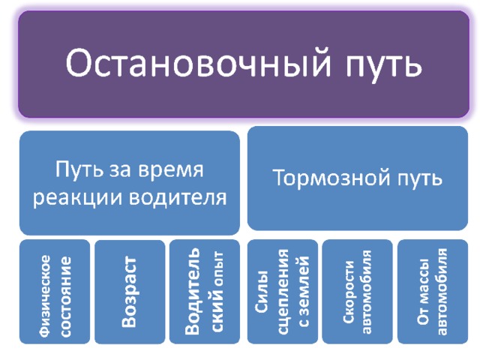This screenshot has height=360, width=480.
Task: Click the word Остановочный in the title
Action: (198, 64)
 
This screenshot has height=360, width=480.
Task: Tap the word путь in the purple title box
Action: (384, 65)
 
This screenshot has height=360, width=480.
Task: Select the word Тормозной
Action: (331, 177)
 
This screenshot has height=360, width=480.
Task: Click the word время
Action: (170, 170)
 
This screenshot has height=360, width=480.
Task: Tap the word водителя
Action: (178, 198)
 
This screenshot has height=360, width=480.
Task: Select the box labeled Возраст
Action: (130, 292)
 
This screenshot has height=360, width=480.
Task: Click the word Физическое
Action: (45, 295)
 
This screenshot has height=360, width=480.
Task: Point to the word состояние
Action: (66, 297)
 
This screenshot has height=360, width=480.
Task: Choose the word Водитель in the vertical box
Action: (193, 290)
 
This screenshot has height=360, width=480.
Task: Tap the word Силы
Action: (262, 292)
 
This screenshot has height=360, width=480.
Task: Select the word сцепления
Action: (283, 292)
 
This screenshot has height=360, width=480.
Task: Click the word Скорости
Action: (348, 292)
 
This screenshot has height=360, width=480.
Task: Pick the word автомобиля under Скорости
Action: (367, 292)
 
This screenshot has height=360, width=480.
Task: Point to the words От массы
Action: (422, 292)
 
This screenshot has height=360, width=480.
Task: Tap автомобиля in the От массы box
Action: (442, 292)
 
